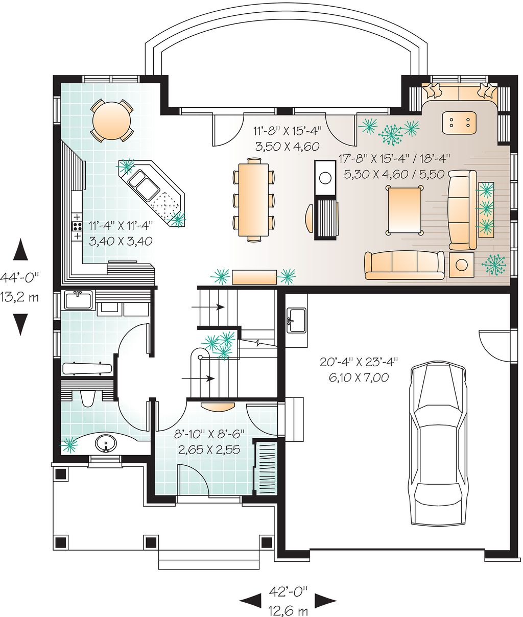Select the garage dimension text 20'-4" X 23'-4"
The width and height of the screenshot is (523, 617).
click(359, 362)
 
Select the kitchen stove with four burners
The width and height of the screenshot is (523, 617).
click(77, 226)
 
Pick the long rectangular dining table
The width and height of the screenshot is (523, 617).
click(253, 199)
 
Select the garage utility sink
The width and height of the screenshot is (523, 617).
click(296, 321)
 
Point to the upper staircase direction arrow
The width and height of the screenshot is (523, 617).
click(208, 306)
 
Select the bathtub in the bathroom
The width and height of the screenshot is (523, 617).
click(87, 369)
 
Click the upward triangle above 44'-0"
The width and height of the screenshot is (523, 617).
click(20, 249)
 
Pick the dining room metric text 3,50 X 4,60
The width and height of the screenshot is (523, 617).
click(288, 146)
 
